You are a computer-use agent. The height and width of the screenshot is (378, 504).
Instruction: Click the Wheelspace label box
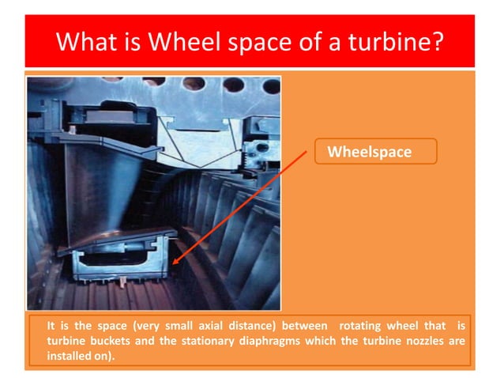tap(375, 151)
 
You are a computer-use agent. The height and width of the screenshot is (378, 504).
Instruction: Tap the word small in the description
tap(174, 326)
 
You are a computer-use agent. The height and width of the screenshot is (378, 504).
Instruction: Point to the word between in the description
tap(307, 326)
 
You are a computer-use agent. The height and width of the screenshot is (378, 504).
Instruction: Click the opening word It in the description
tap(51, 326)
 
